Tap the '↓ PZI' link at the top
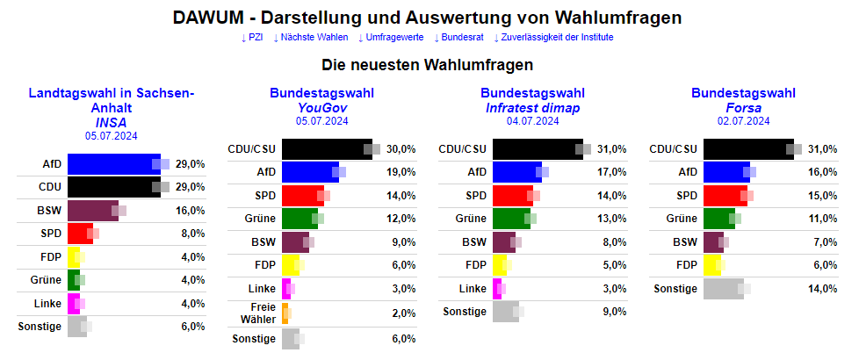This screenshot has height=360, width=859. pos(251,37)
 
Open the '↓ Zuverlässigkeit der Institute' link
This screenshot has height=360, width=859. pos(553,37)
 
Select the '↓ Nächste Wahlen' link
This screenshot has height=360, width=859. pos(311,37)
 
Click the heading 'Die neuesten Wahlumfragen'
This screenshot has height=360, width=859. pos(429,65)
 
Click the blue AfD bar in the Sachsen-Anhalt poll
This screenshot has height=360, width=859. pos(111,164)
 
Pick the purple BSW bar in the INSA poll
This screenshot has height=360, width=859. pos(92,211)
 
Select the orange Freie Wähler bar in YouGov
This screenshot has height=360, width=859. pos(285,314)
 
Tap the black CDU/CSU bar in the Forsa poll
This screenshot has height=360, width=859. pos(747,149)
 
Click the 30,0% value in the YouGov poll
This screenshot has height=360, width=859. pos(401,149)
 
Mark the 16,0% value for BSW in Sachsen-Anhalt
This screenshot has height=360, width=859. pos(191,211)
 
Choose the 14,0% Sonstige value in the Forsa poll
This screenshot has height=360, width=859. pos(823,288)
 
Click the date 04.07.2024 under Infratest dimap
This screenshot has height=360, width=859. pos(533,121)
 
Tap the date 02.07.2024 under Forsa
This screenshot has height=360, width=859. pos(744,121)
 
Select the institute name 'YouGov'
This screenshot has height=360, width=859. pos(322,107)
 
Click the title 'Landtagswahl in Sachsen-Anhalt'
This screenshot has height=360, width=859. pos(112,100)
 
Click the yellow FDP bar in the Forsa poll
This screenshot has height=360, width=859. pos(712,265)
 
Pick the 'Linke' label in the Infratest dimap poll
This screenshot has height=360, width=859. pos(473,288)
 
